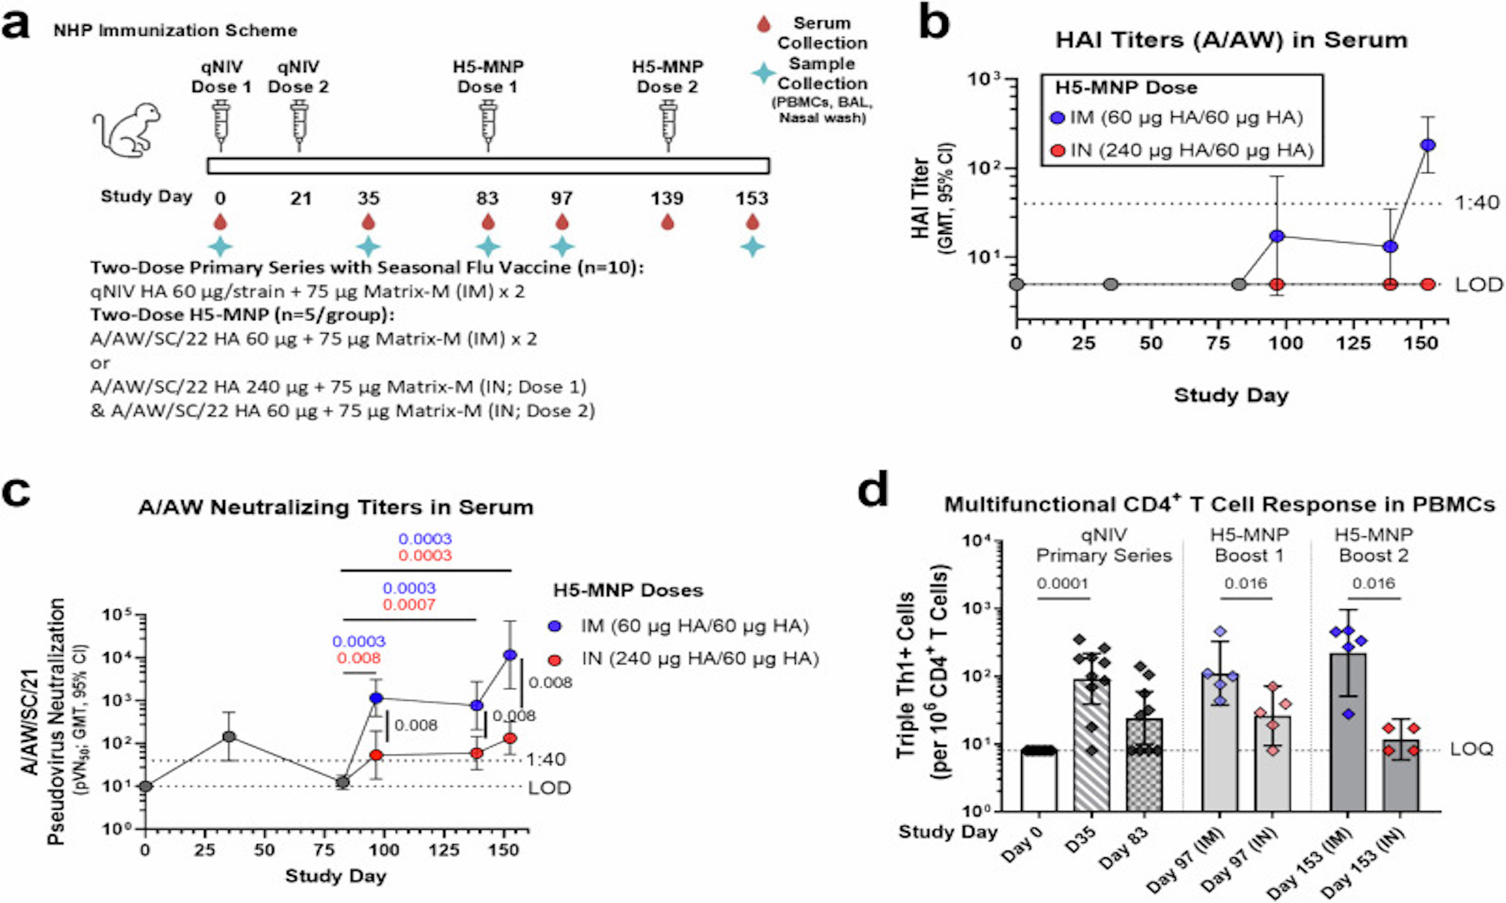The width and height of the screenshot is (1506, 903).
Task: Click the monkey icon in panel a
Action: [x=127, y=130]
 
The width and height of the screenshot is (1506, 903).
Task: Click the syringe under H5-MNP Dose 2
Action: [x=668, y=125]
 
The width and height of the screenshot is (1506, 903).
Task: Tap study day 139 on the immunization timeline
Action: [x=667, y=199]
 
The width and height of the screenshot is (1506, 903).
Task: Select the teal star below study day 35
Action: [x=367, y=247]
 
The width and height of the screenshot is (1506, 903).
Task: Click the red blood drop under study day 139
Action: [x=667, y=223]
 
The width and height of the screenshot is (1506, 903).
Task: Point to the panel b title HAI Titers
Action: [x=1231, y=40]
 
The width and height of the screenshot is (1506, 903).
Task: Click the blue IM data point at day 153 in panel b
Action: [x=1428, y=145]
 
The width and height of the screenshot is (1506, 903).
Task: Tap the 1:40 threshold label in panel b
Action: [x=1476, y=203]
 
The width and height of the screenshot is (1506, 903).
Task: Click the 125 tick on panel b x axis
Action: [x=1352, y=343]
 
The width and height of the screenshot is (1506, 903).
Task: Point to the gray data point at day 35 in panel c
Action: [x=228, y=737]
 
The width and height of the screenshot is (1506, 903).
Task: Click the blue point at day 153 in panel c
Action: [x=510, y=655]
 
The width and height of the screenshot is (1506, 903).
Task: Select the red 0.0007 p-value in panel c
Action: [x=408, y=605]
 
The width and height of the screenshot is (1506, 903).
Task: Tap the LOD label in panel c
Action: [x=549, y=788]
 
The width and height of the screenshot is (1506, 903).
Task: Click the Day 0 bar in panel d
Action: [x=1039, y=780]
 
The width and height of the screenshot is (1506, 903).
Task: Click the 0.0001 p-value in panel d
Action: [x=1062, y=583]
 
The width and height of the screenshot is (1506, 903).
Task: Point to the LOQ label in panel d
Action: [x=1471, y=749]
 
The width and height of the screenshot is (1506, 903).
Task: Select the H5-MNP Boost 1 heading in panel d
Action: [x=1249, y=545]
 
